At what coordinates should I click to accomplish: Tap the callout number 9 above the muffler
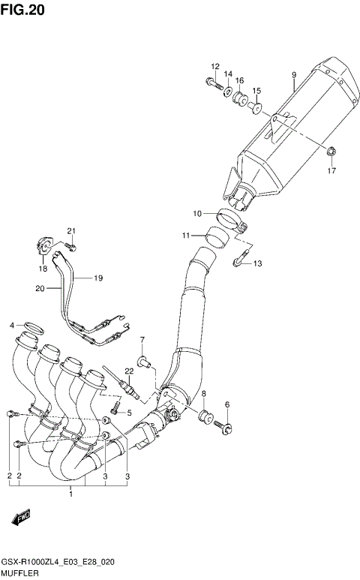pos(294,74)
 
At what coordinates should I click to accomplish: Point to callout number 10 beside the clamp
pos(197,214)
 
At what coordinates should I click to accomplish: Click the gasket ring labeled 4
pos(34,326)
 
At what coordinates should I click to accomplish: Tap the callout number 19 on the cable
pos(98,278)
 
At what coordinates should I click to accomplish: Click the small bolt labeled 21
pos(70,245)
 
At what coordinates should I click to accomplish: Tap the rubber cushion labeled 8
pos(202,416)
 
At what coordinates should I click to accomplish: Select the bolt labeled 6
pos(224,427)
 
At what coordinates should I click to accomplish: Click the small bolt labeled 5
pos(115,410)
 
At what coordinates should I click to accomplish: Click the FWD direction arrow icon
pos(19,518)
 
